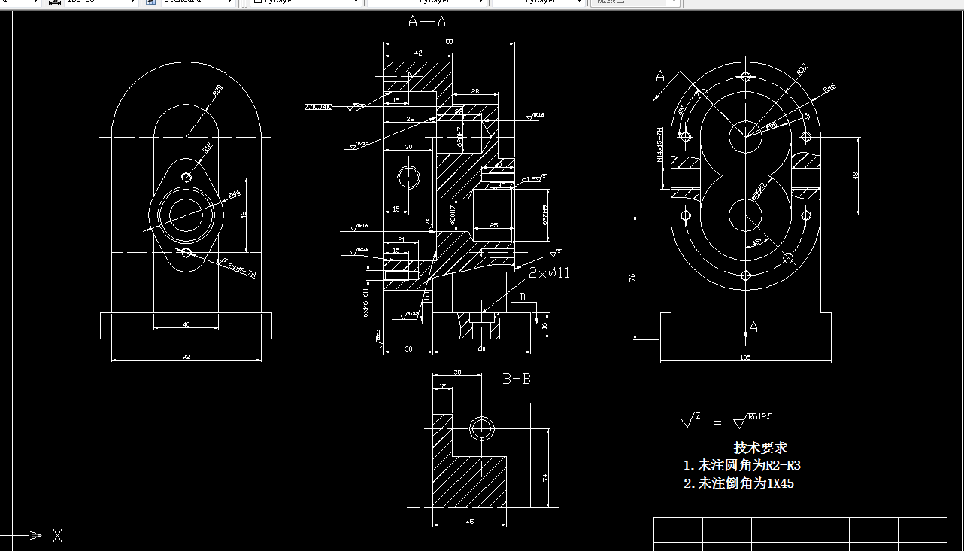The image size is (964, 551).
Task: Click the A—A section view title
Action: pyautogui.click(x=426, y=22)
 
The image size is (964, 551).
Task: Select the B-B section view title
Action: pyautogui.click(x=516, y=379)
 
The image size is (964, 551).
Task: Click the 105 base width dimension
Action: pyautogui.click(x=745, y=358)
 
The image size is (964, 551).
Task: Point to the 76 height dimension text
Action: pyautogui.click(x=632, y=277)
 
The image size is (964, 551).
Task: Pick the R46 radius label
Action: pyautogui.click(x=829, y=88)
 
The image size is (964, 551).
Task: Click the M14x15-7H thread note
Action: pyautogui.click(x=659, y=145)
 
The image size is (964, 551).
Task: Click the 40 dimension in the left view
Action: pyautogui.click(x=186, y=324)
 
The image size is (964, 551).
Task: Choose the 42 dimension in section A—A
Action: pyautogui.click(x=417, y=53)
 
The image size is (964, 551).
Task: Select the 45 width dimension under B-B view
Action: pyautogui.click(x=469, y=521)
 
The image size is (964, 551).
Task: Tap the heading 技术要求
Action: pyautogui.click(x=759, y=448)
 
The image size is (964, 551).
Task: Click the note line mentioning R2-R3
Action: pyautogui.click(x=747, y=466)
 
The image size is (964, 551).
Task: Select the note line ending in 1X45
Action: pyautogui.click(x=738, y=484)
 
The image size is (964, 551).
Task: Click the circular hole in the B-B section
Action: pyautogui.click(x=481, y=429)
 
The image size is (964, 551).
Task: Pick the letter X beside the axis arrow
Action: pyautogui.click(x=58, y=536)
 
